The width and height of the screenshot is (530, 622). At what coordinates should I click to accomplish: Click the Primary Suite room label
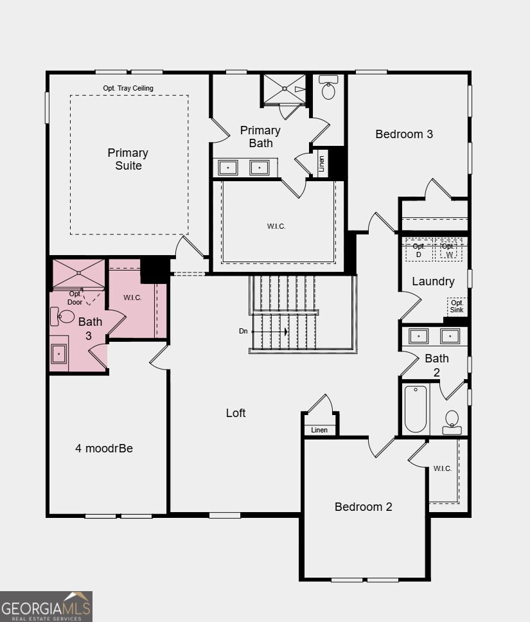(x=128, y=159)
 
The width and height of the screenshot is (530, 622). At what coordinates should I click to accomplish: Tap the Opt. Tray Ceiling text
(x=128, y=88)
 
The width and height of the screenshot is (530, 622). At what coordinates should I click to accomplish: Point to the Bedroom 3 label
(x=404, y=134)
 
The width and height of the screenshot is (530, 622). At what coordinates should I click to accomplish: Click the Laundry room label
(x=433, y=281)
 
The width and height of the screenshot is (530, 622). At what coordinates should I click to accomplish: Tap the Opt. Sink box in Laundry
(x=457, y=307)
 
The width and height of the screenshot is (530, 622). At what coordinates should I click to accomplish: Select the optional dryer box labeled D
(x=419, y=250)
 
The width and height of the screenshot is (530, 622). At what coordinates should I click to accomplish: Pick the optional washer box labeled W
(x=448, y=250)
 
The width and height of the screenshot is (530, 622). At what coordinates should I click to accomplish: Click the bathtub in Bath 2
(x=416, y=409)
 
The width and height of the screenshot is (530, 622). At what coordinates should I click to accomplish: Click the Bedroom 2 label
(x=364, y=507)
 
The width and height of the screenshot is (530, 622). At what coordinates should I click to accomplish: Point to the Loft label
(x=236, y=413)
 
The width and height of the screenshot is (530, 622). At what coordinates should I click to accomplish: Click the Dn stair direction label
(x=243, y=331)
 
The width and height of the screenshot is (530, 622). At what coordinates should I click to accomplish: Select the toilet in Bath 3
(x=66, y=315)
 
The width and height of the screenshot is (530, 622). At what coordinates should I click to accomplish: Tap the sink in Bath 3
(x=59, y=353)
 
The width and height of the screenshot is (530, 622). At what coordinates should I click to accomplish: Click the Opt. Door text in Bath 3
(x=75, y=298)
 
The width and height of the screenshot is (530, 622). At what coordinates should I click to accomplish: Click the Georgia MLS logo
(x=46, y=606)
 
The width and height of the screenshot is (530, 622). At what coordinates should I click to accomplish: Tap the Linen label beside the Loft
(x=319, y=430)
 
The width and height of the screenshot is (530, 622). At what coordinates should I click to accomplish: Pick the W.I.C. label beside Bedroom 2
(x=442, y=468)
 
